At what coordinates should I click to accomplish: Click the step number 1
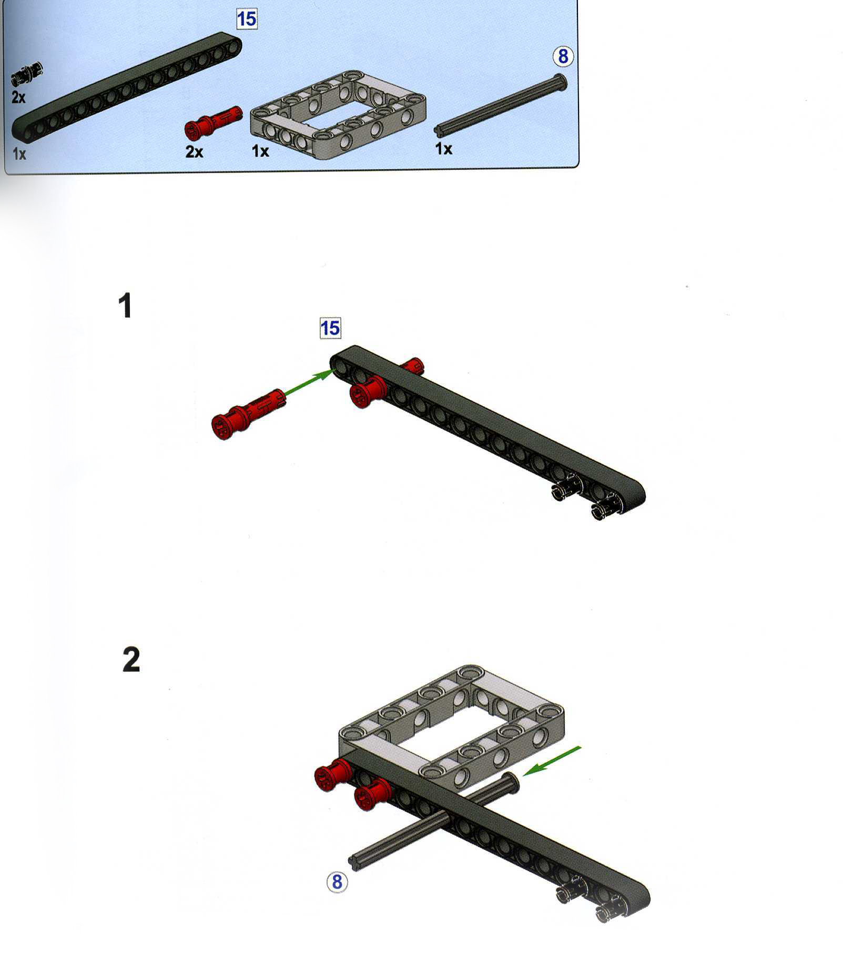(125, 306)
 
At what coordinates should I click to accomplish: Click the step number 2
(131, 660)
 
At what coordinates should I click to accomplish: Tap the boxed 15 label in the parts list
(246, 19)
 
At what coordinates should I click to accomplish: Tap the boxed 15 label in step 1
(330, 328)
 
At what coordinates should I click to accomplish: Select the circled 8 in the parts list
(563, 56)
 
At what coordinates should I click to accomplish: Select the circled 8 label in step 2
(337, 882)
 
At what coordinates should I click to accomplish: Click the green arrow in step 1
(309, 381)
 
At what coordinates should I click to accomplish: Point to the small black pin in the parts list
(26, 73)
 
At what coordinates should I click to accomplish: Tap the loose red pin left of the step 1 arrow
(247, 414)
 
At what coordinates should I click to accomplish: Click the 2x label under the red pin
(194, 152)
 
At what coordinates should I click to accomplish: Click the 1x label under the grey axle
(443, 149)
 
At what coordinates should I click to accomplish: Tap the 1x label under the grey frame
(260, 152)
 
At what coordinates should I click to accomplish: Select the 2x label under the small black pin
(18, 97)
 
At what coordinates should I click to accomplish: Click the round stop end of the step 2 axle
(511, 783)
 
